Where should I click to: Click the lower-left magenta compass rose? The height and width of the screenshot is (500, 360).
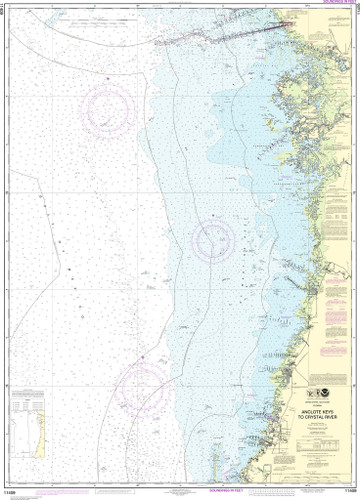(x=144, y=384)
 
